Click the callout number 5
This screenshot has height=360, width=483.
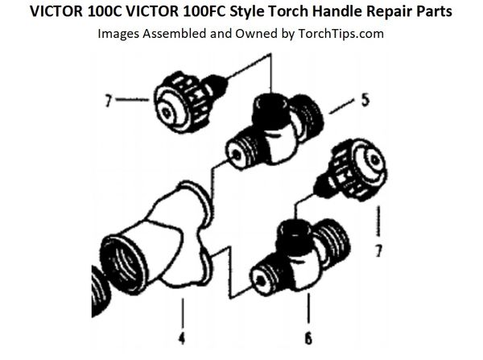point(365,101)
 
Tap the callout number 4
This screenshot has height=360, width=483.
point(182,338)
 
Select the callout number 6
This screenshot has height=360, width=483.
point(308,338)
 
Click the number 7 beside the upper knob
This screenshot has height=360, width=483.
point(108,101)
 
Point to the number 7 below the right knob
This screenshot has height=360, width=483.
point(378,250)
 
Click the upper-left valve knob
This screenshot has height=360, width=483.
point(188,101)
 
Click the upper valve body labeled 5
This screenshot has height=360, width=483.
point(275,130)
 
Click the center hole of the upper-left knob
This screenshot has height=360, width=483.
point(167,113)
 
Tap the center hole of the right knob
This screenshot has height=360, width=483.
point(374,159)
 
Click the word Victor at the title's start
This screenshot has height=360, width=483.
point(56,11)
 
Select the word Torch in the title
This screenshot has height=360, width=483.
point(287,11)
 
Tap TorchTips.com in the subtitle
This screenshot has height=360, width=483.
point(341,34)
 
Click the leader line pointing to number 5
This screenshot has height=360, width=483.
point(341,106)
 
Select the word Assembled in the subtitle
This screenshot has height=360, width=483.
point(175,34)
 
